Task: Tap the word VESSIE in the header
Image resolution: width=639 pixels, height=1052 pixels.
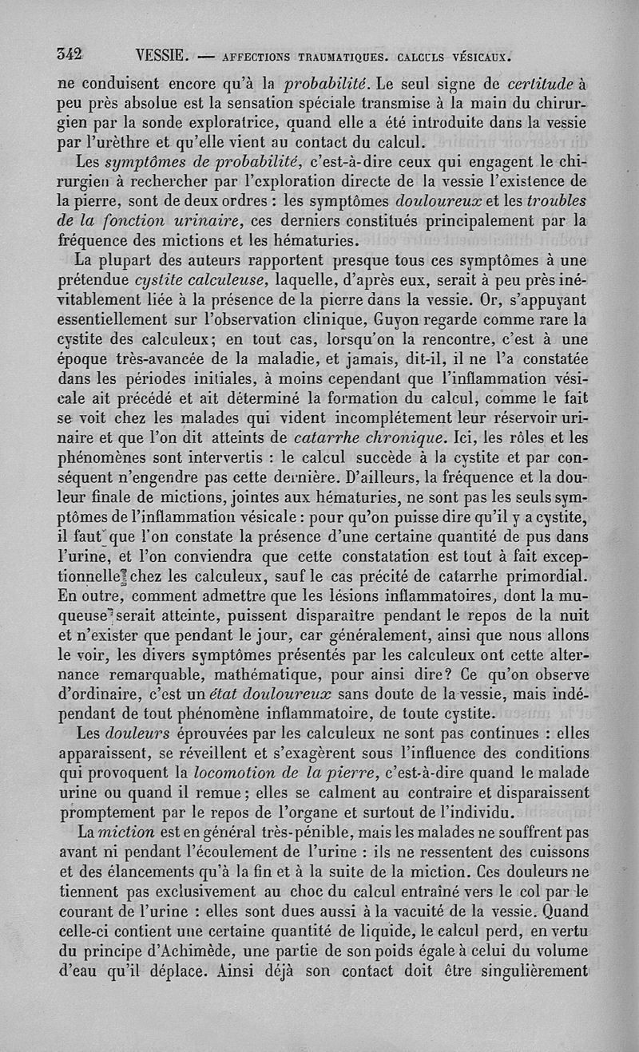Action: coord(161,56)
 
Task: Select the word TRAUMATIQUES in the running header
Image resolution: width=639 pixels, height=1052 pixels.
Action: coord(331,57)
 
